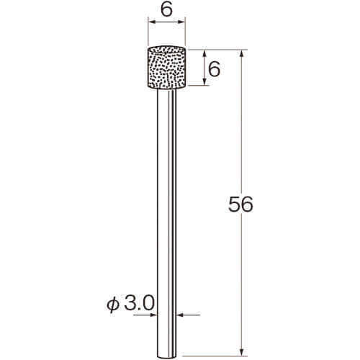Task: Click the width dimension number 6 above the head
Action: tap(166, 10)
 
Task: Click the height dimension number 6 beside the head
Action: tap(214, 69)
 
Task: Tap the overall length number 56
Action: tap(240, 204)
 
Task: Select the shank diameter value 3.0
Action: tap(139, 303)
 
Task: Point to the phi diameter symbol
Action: tap(113, 305)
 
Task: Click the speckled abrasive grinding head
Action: tap(166, 67)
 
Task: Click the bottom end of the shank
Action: tap(166, 357)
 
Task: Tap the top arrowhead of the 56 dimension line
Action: tap(242, 54)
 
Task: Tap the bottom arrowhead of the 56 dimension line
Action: tap(242, 352)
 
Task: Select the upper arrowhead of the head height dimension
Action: tap(204, 54)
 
